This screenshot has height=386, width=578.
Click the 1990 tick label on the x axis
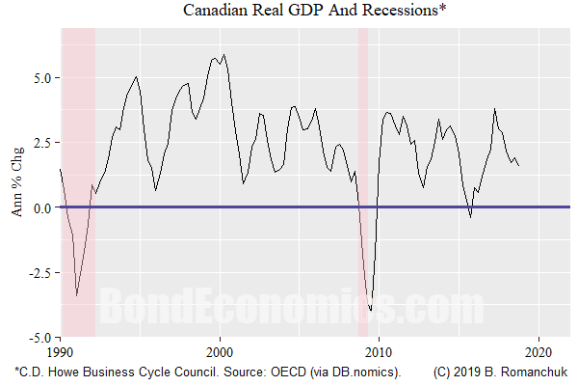point(60,352)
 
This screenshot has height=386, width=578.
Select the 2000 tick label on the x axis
point(221,352)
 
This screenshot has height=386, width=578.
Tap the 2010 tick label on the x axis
point(380,352)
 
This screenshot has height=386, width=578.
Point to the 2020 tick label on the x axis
point(539,352)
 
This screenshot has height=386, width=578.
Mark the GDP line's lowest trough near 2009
point(371,311)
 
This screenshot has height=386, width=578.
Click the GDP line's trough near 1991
point(77,296)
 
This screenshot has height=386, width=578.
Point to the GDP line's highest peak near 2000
point(223,55)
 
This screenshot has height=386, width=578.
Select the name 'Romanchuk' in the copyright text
point(537,372)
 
